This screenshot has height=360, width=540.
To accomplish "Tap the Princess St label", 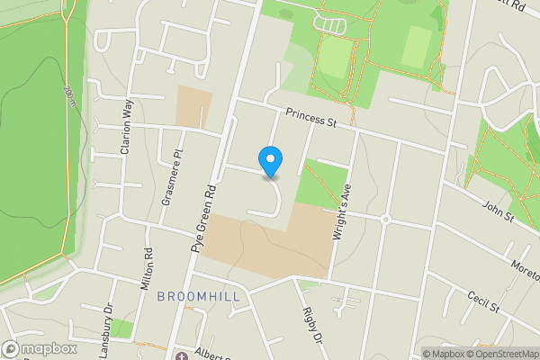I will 310,117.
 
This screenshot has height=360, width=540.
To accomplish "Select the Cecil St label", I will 483,301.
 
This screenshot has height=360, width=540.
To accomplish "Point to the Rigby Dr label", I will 311,326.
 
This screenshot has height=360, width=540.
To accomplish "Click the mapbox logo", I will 39,348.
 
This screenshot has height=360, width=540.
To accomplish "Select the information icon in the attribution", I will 429,354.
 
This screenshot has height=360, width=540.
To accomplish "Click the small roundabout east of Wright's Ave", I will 385,219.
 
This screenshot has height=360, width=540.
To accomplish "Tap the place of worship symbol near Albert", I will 181,355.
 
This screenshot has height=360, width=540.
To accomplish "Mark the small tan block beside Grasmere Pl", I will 193,105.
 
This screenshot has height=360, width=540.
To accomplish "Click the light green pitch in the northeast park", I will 415,47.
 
